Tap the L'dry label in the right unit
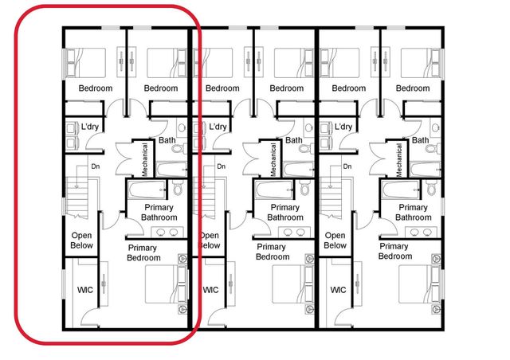tap(344, 127)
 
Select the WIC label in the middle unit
tap(210, 290)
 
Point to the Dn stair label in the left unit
tap(95, 166)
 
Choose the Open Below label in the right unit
tap(335, 241)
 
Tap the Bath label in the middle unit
tap(294, 140)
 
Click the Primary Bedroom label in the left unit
tap(143, 252)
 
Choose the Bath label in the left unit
tap(167, 140)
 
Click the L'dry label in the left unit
tap(91, 127)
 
